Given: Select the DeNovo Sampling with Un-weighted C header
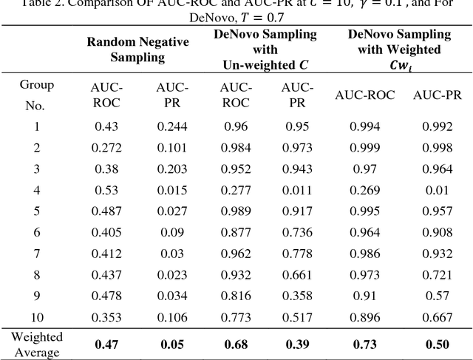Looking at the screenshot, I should [265, 50].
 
